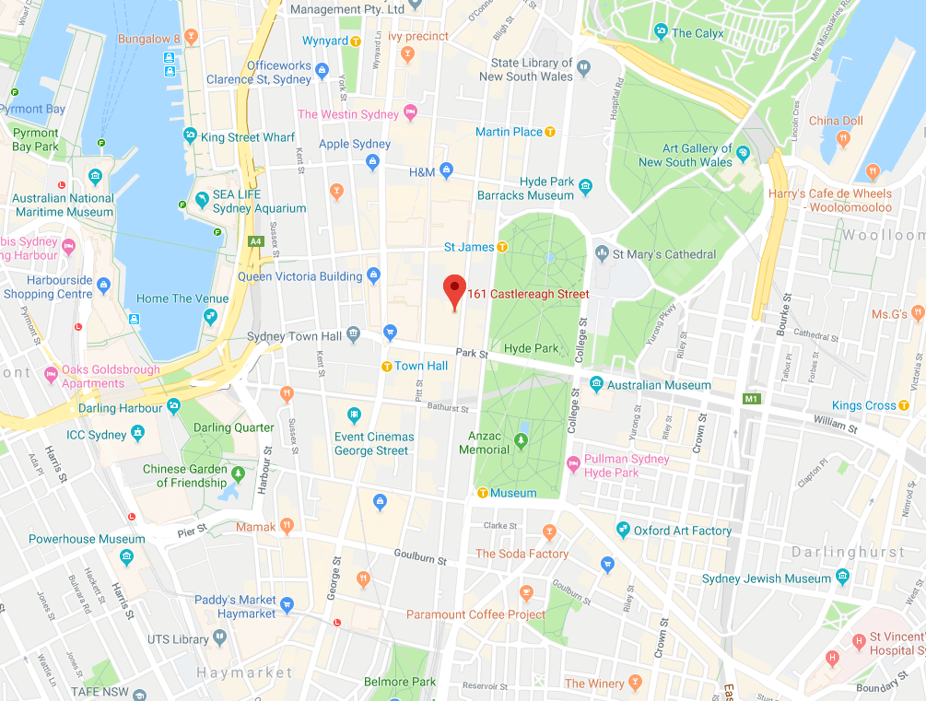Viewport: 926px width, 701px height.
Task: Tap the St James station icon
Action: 502,247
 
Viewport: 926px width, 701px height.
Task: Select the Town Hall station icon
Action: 387,367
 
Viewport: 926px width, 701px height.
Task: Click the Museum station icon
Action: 482,493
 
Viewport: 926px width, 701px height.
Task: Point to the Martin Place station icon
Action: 550,132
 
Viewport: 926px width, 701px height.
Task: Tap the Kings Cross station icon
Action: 904,405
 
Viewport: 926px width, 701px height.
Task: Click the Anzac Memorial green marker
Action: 521,443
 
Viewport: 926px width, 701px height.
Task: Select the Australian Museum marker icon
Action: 596,385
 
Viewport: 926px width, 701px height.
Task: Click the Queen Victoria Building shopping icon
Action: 373,275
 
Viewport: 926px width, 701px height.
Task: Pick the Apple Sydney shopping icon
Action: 373,162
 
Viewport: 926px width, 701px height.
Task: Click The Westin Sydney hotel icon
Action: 411,114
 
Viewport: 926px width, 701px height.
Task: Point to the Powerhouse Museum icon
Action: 126,556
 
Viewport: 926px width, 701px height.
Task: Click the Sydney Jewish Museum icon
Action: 842,578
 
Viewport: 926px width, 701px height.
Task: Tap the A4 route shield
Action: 255,241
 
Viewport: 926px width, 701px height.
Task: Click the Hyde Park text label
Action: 531,348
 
